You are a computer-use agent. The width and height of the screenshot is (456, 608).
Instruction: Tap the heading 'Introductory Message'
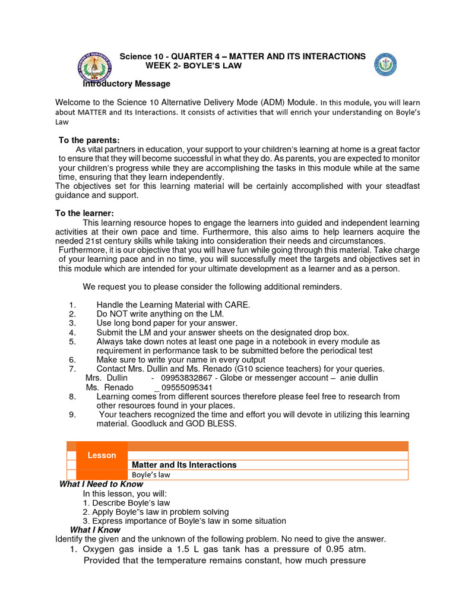(134, 84)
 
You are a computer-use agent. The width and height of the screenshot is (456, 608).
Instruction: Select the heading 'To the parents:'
(89, 140)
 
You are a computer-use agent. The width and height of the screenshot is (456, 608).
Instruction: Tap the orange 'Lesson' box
(102, 455)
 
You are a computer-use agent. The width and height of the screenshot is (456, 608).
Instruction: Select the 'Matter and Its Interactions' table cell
(184, 465)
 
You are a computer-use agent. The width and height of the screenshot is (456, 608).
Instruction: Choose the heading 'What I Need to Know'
(101, 484)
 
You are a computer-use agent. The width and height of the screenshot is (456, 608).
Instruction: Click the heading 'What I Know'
(95, 530)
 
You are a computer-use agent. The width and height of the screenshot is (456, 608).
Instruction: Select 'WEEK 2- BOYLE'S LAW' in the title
(194, 65)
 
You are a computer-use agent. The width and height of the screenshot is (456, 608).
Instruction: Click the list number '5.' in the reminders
(72, 341)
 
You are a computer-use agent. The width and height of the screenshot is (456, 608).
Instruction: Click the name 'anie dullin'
(357, 378)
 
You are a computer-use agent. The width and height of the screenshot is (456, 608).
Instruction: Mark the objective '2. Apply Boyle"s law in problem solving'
(156, 512)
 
